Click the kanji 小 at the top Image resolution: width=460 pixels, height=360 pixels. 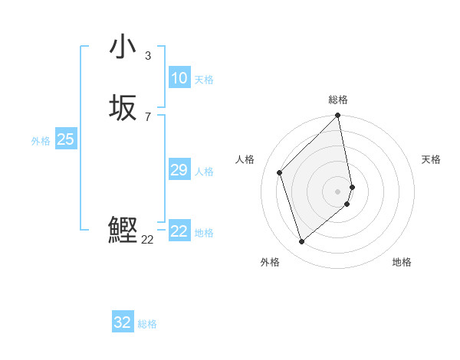pos(123,47)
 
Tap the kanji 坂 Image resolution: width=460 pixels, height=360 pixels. pos(123,108)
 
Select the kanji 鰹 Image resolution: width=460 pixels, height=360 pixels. pos(123,231)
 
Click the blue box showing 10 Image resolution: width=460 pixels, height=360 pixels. pos(179,78)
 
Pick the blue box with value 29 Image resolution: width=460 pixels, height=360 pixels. pos(179,170)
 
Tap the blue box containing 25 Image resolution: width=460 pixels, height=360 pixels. pos(65,139)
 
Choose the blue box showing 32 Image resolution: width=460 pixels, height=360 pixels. pos(123,322)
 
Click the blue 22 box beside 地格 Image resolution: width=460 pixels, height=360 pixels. pos(179,231)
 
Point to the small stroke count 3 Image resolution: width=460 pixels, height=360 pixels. pos(148,55)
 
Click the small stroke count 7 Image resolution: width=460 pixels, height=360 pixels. pos(148,116)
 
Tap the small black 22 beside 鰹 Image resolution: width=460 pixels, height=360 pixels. pos(148,239)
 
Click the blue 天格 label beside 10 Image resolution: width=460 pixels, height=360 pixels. pos(204,80)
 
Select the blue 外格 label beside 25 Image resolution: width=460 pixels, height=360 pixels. pos(41,141)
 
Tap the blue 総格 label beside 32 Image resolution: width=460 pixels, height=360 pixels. pos(147,324)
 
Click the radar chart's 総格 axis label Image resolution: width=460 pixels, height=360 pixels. pos(338,100)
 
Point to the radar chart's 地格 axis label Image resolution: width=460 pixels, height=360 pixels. pos(402,262)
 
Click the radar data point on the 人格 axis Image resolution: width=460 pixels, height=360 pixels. pos(280,172)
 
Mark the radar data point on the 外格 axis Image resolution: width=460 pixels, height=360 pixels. pos(301,241)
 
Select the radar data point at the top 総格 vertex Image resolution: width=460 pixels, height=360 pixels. pos(338,116)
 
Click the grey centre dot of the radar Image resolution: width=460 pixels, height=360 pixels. pos(338,191)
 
